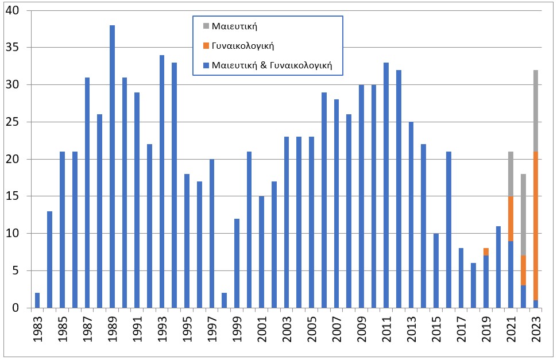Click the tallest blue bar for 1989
pyautogui.click(x=112, y=167)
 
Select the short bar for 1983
pyautogui.click(x=37, y=300)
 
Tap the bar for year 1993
pyautogui.click(x=162, y=181)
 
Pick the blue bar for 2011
pyautogui.click(x=386, y=185)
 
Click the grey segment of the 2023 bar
pyautogui.click(x=536, y=111)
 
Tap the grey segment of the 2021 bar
pyautogui.click(x=511, y=174)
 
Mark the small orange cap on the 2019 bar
pyautogui.click(x=486, y=251)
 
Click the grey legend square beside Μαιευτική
pyautogui.click(x=206, y=25)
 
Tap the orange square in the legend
pyautogui.click(x=206, y=46)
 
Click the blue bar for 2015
pyautogui.click(x=436, y=270)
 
